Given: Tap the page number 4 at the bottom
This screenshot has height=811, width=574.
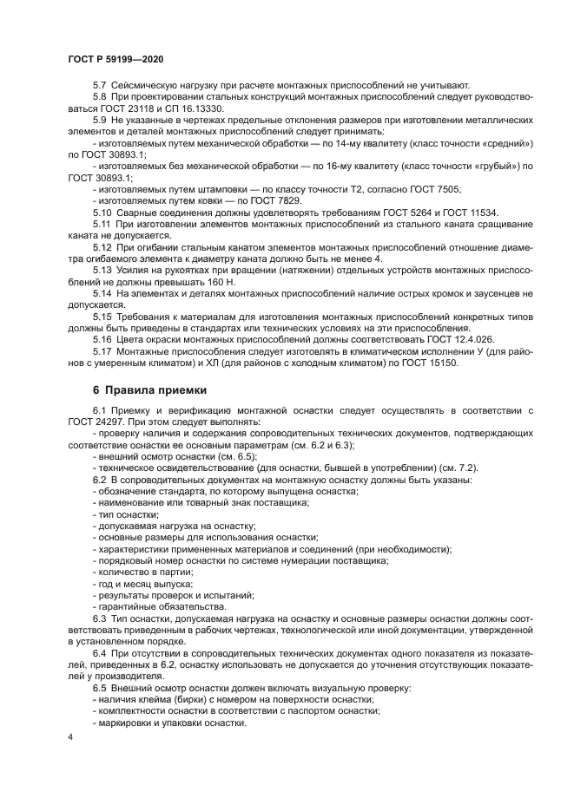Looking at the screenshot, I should (70, 737).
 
